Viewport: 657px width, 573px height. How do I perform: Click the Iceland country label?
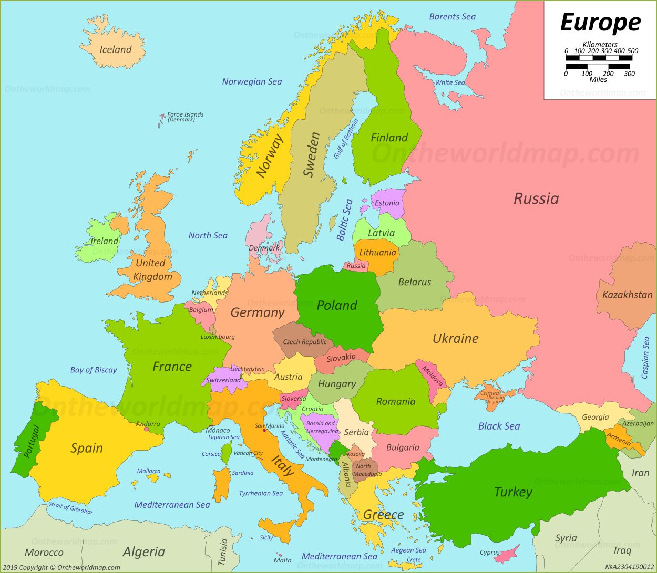(x=116, y=50)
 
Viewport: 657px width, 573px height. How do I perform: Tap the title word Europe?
(x=600, y=23)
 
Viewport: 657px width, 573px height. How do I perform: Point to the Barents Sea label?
(x=452, y=17)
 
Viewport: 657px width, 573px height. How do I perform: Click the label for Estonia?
(x=387, y=203)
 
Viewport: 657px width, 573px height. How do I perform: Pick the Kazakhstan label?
(x=627, y=295)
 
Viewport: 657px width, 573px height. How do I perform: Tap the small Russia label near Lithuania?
(x=356, y=266)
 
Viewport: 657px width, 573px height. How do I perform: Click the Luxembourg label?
(x=218, y=337)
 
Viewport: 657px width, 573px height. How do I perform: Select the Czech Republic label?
(x=305, y=342)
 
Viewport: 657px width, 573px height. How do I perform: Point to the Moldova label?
(x=433, y=376)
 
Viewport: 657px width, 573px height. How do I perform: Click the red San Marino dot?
(x=264, y=431)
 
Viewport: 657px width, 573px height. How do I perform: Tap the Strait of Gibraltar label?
(x=71, y=508)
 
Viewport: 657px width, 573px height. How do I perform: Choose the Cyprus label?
(x=489, y=553)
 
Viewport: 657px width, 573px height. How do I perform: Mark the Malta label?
(x=282, y=560)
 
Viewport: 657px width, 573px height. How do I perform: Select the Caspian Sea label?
(x=645, y=358)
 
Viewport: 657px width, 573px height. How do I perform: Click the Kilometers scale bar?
(x=599, y=58)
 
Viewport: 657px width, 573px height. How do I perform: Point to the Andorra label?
(x=148, y=424)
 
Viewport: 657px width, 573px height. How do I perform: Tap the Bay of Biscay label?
(x=94, y=370)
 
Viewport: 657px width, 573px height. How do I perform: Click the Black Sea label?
(x=499, y=426)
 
